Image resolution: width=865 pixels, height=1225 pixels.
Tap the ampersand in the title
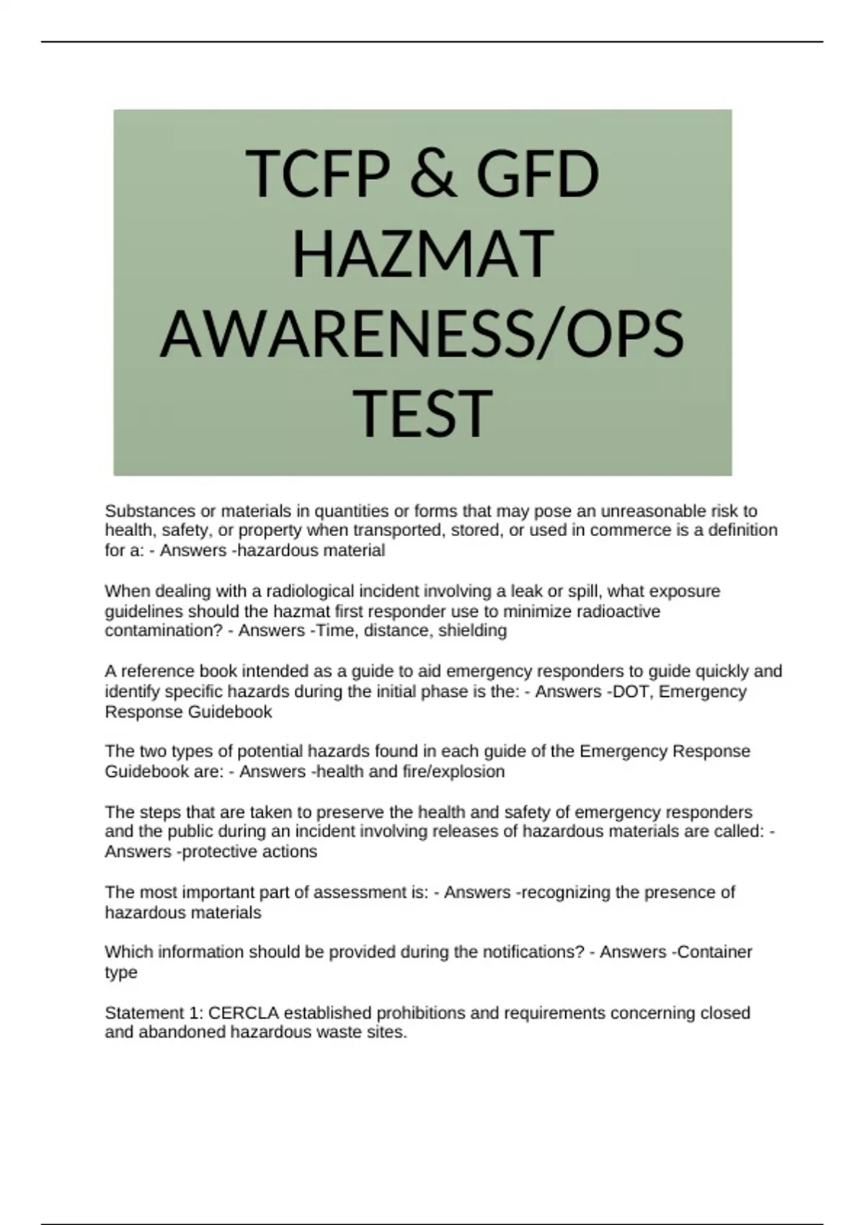click(x=433, y=174)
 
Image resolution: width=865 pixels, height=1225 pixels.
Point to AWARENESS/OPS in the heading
click(x=422, y=334)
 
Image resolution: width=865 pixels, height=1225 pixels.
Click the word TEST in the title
click(x=423, y=414)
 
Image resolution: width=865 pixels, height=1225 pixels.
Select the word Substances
click(x=150, y=511)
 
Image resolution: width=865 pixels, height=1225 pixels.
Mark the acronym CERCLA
click(x=244, y=1013)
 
